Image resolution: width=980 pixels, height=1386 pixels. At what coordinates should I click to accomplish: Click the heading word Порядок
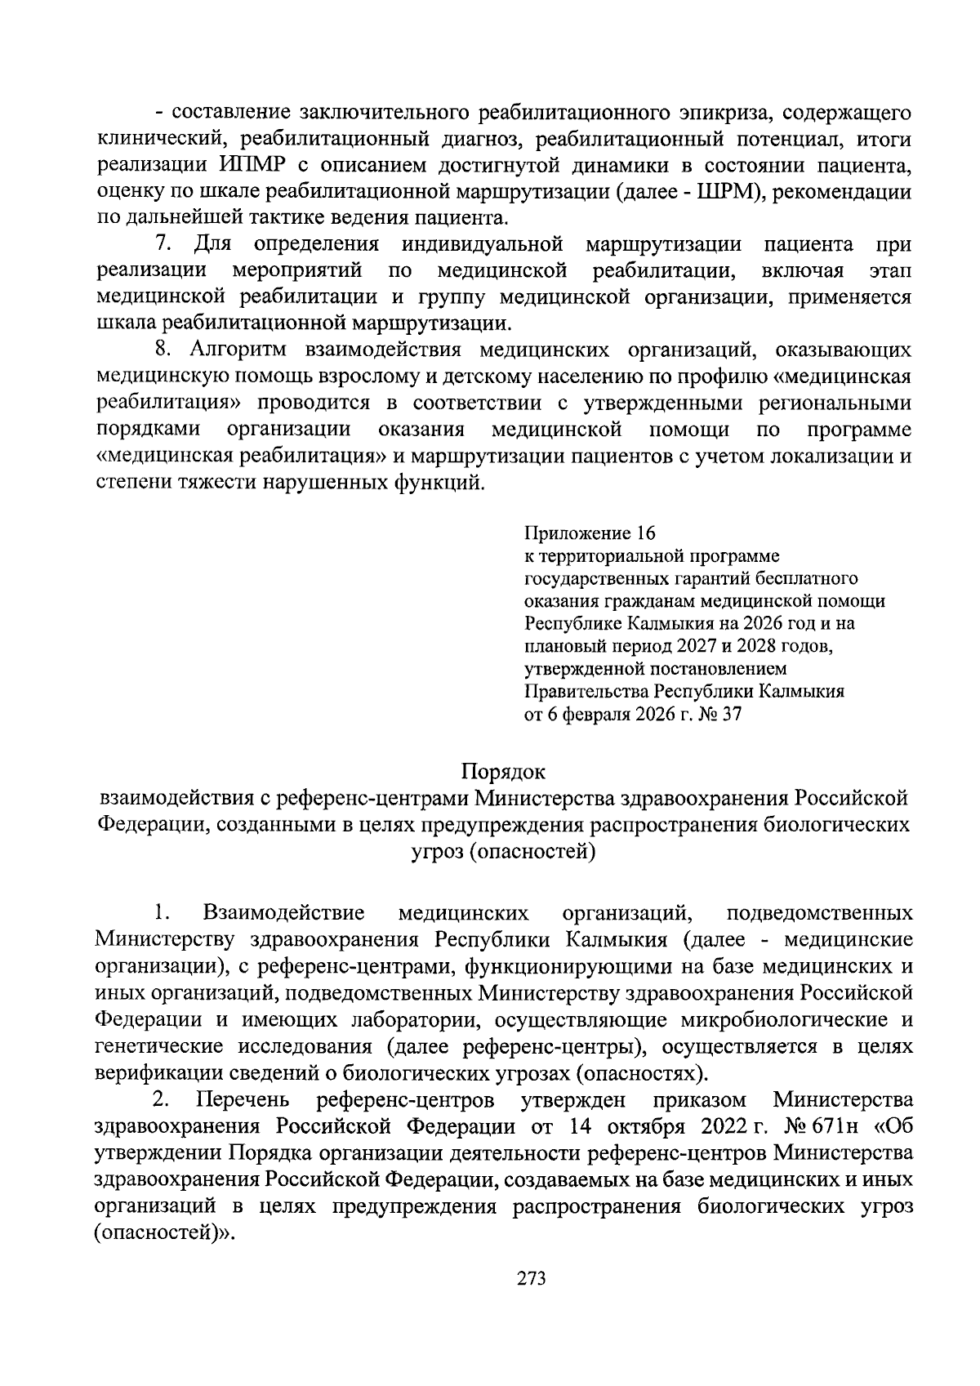point(503,771)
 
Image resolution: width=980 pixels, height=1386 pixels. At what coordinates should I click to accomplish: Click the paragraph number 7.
point(163,244)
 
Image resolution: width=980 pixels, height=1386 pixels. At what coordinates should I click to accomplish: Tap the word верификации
point(158,1072)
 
